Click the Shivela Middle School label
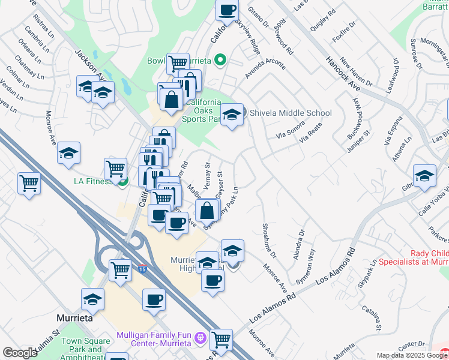coord(290,113)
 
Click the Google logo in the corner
coord(20,353)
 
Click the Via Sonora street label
coord(291,133)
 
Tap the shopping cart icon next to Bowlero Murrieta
coord(177,62)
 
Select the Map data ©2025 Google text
coord(412,355)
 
